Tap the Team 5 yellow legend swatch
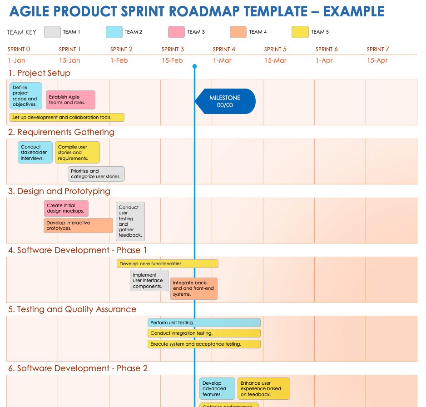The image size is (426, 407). (x=300, y=32)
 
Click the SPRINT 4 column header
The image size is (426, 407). (x=224, y=49)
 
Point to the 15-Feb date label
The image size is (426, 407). (x=172, y=60)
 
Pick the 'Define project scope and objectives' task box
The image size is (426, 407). (x=25, y=96)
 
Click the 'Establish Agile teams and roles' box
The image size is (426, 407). (x=70, y=100)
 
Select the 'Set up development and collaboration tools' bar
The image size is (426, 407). (x=67, y=117)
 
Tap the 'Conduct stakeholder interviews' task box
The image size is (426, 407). (x=35, y=153)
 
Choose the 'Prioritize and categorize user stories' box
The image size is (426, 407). (x=96, y=174)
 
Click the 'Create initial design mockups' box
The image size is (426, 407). (x=66, y=208)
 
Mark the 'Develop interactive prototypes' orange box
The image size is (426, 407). (x=79, y=226)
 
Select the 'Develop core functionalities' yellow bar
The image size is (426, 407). (x=167, y=263)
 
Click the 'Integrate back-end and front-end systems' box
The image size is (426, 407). (x=194, y=288)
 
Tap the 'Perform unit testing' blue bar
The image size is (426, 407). (x=204, y=323)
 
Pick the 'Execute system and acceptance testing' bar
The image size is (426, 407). (x=204, y=344)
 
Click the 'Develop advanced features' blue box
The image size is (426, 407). (x=217, y=389)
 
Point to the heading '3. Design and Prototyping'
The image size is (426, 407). (x=59, y=191)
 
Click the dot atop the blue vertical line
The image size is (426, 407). (x=194, y=66)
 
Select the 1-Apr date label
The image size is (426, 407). (x=324, y=60)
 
